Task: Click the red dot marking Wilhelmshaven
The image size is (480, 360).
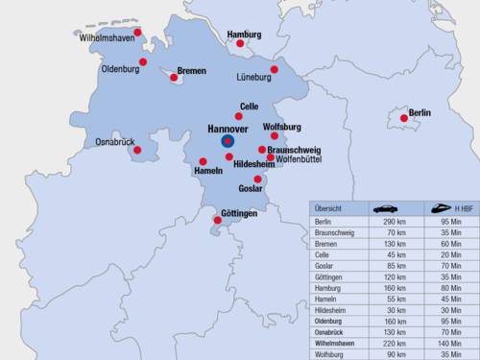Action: coord(137,32)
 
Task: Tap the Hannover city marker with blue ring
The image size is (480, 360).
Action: coord(228,141)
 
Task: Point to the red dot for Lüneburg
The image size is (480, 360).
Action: coord(274,69)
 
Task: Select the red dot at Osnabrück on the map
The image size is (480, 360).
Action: coord(136,149)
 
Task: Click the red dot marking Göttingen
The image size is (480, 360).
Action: coord(217,221)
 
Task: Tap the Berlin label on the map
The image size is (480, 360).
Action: coord(420,112)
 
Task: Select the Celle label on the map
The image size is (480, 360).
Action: coord(249,106)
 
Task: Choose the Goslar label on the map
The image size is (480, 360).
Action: coord(251,188)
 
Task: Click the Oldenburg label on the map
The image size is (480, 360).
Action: coord(120,69)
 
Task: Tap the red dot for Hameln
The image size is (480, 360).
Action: coord(203,161)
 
